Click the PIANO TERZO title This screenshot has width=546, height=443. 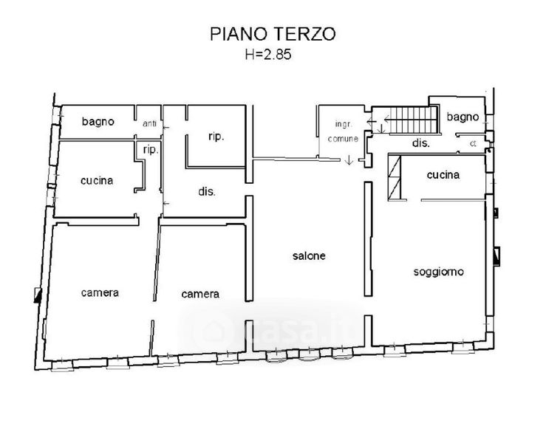(x=273, y=34)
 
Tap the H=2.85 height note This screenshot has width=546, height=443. (x=268, y=55)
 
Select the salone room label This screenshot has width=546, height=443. (x=309, y=256)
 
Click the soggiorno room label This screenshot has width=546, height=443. (x=438, y=272)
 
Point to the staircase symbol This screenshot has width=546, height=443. (x=413, y=120)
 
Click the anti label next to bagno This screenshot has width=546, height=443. (x=149, y=123)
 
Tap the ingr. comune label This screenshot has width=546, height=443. (x=343, y=131)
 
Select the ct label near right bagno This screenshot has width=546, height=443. (x=473, y=143)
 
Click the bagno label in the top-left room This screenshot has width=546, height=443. (x=98, y=121)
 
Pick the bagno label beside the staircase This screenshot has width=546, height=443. (x=463, y=117)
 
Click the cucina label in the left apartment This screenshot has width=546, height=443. (x=97, y=181)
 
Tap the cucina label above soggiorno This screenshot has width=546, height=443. (x=443, y=175)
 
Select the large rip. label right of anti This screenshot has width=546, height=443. (x=216, y=137)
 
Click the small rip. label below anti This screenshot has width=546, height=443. (x=151, y=150)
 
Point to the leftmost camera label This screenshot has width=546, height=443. (x=100, y=293)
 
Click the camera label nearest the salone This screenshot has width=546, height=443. (x=200, y=295)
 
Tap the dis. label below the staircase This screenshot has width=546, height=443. (x=420, y=142)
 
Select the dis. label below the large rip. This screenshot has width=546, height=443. (x=207, y=191)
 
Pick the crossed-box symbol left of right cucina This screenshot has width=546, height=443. (x=395, y=177)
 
